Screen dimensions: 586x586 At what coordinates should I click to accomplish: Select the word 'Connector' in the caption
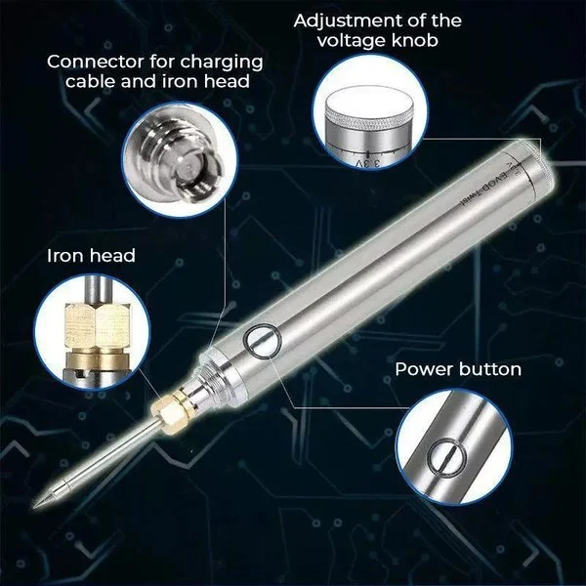[93, 61]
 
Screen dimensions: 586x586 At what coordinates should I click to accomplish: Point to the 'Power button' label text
[458, 369]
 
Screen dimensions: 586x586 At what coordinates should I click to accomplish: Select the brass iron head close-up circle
[82, 328]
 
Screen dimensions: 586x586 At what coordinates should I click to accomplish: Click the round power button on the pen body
[261, 341]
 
